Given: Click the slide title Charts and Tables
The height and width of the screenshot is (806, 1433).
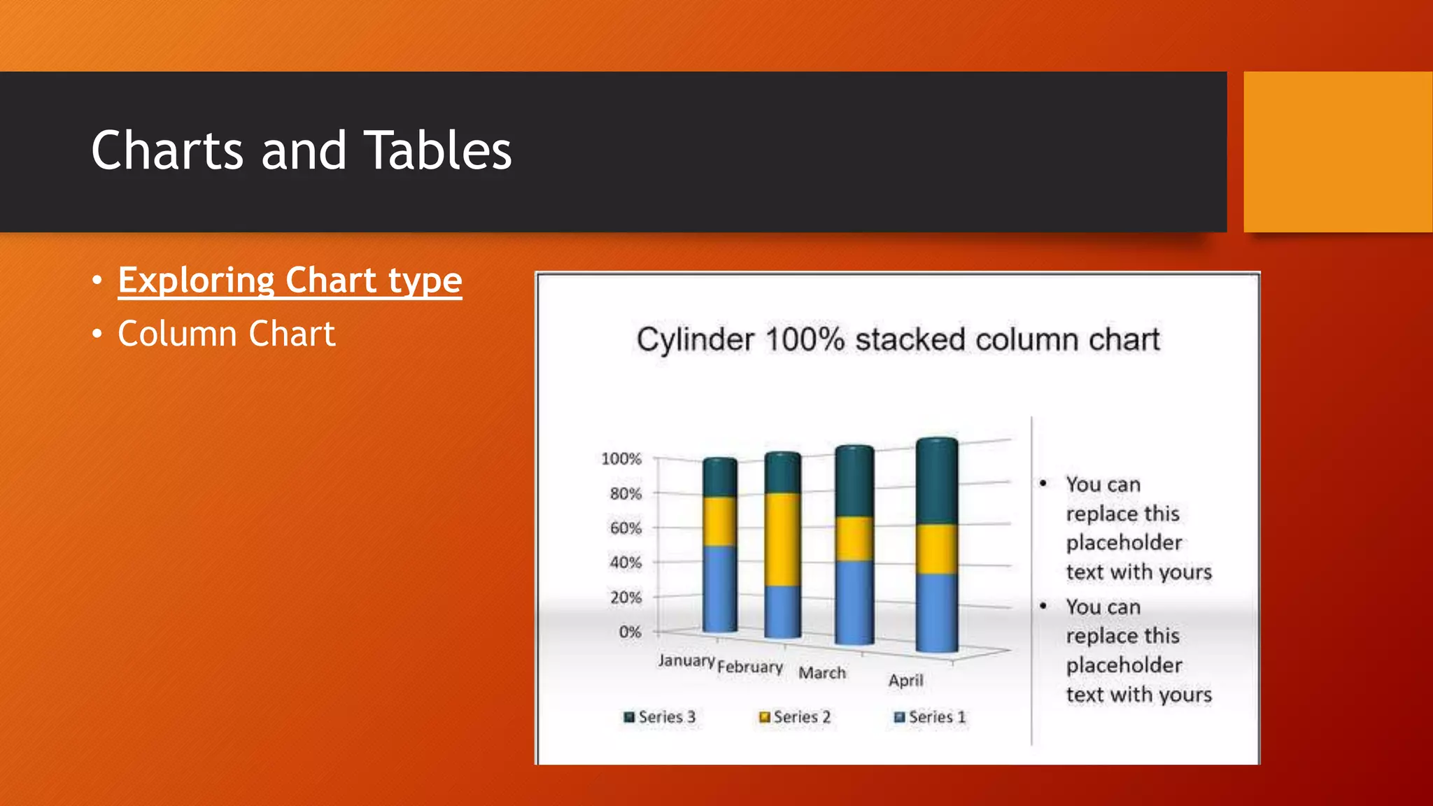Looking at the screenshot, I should pyautogui.click(x=302, y=150).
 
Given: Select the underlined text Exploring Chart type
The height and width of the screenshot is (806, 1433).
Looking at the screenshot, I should pyautogui.click(x=290, y=281).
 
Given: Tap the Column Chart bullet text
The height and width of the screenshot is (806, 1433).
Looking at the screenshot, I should pyautogui.click(x=226, y=334).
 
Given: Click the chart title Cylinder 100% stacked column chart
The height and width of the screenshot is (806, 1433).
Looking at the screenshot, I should pyautogui.click(x=898, y=340).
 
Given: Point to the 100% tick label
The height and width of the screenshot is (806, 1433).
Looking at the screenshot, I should pyautogui.click(x=621, y=459).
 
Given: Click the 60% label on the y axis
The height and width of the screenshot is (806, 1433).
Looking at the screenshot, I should pyautogui.click(x=626, y=528).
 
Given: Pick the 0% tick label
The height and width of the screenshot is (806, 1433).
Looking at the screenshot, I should pyautogui.click(x=630, y=632).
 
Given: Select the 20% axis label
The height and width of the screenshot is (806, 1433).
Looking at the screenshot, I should pyautogui.click(x=626, y=598).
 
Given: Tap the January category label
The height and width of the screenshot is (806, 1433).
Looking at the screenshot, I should pyautogui.click(x=686, y=660).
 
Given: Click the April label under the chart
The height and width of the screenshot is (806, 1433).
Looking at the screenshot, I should pyautogui.click(x=905, y=680).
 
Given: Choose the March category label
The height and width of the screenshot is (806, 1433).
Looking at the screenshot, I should pyautogui.click(x=822, y=673).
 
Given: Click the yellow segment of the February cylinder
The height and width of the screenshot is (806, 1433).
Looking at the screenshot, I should pyautogui.click(x=782, y=539).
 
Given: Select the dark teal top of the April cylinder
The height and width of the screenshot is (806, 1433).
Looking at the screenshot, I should pyautogui.click(x=936, y=483).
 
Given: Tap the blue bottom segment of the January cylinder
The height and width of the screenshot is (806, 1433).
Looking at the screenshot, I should pyautogui.click(x=719, y=588).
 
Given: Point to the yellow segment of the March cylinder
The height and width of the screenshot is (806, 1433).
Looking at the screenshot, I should pyautogui.click(x=854, y=538).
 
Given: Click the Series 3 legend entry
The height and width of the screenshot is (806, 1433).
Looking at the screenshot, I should pyautogui.click(x=660, y=717).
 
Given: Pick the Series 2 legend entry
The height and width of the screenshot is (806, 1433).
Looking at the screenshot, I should pyautogui.click(x=796, y=717).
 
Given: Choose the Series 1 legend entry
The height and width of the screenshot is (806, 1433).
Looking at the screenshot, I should pyautogui.click(x=931, y=717).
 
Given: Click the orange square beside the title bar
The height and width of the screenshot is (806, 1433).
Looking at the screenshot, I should pyautogui.click(x=1337, y=152).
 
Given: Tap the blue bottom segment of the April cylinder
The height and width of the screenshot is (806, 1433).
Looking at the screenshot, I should pyautogui.click(x=936, y=612).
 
